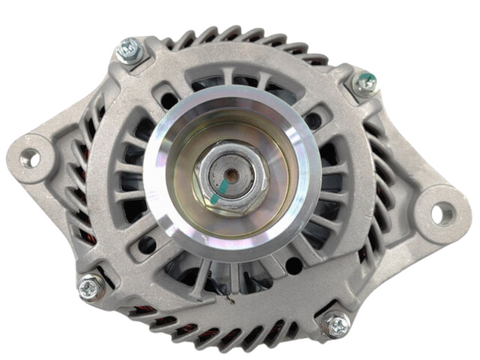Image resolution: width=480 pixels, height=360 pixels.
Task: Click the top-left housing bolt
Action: click(x=130, y=51)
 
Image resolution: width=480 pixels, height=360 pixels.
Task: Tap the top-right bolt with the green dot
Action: click(x=365, y=83)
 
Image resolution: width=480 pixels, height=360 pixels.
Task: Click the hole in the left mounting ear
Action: click(x=30, y=157)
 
